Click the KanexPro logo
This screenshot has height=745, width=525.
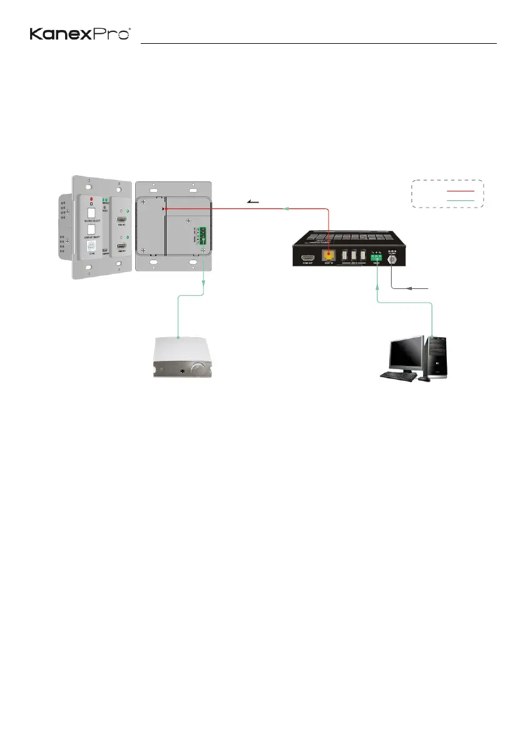(x=80, y=34)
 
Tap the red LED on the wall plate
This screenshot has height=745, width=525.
(x=92, y=198)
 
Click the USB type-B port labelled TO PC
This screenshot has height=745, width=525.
(x=91, y=248)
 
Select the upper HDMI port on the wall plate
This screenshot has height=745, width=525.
(x=123, y=221)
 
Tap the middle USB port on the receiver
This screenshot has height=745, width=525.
(x=354, y=256)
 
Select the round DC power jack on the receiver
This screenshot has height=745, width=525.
(x=394, y=256)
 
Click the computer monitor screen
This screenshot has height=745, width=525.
(x=405, y=353)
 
